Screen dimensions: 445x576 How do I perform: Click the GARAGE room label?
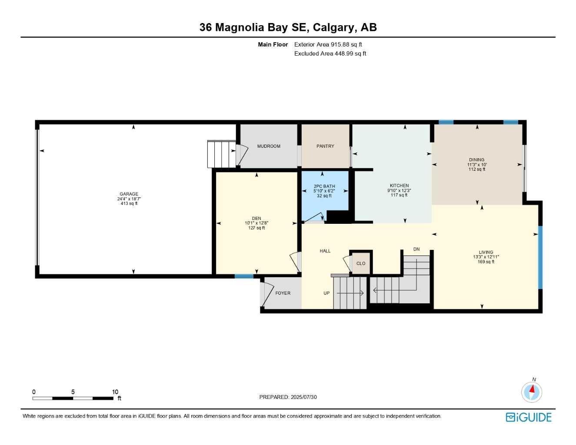(x=129, y=194)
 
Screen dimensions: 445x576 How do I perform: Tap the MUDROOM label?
(x=269, y=146)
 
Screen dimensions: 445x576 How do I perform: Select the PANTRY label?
(x=325, y=146)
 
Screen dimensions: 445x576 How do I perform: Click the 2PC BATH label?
(x=324, y=186)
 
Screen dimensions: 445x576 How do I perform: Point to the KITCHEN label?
(x=399, y=186)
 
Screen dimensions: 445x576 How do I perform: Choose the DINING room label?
(x=476, y=160)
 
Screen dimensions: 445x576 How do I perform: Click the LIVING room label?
(x=486, y=252)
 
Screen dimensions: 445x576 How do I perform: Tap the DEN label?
(x=256, y=219)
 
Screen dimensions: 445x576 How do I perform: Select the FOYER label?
(x=283, y=293)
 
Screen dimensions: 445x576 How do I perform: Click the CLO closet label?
(x=361, y=264)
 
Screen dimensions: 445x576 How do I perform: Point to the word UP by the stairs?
(x=326, y=293)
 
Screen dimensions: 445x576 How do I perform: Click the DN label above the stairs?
(x=416, y=249)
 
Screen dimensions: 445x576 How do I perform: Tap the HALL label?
(x=325, y=251)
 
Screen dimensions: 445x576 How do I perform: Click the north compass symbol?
(x=531, y=392)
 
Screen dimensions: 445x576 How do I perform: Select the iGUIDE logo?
(x=529, y=418)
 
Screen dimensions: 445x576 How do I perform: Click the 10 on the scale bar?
(x=115, y=392)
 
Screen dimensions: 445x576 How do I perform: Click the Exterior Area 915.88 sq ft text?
(x=328, y=44)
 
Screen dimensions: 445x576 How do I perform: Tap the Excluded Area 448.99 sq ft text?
(x=330, y=54)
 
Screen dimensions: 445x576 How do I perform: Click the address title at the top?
(x=288, y=27)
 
